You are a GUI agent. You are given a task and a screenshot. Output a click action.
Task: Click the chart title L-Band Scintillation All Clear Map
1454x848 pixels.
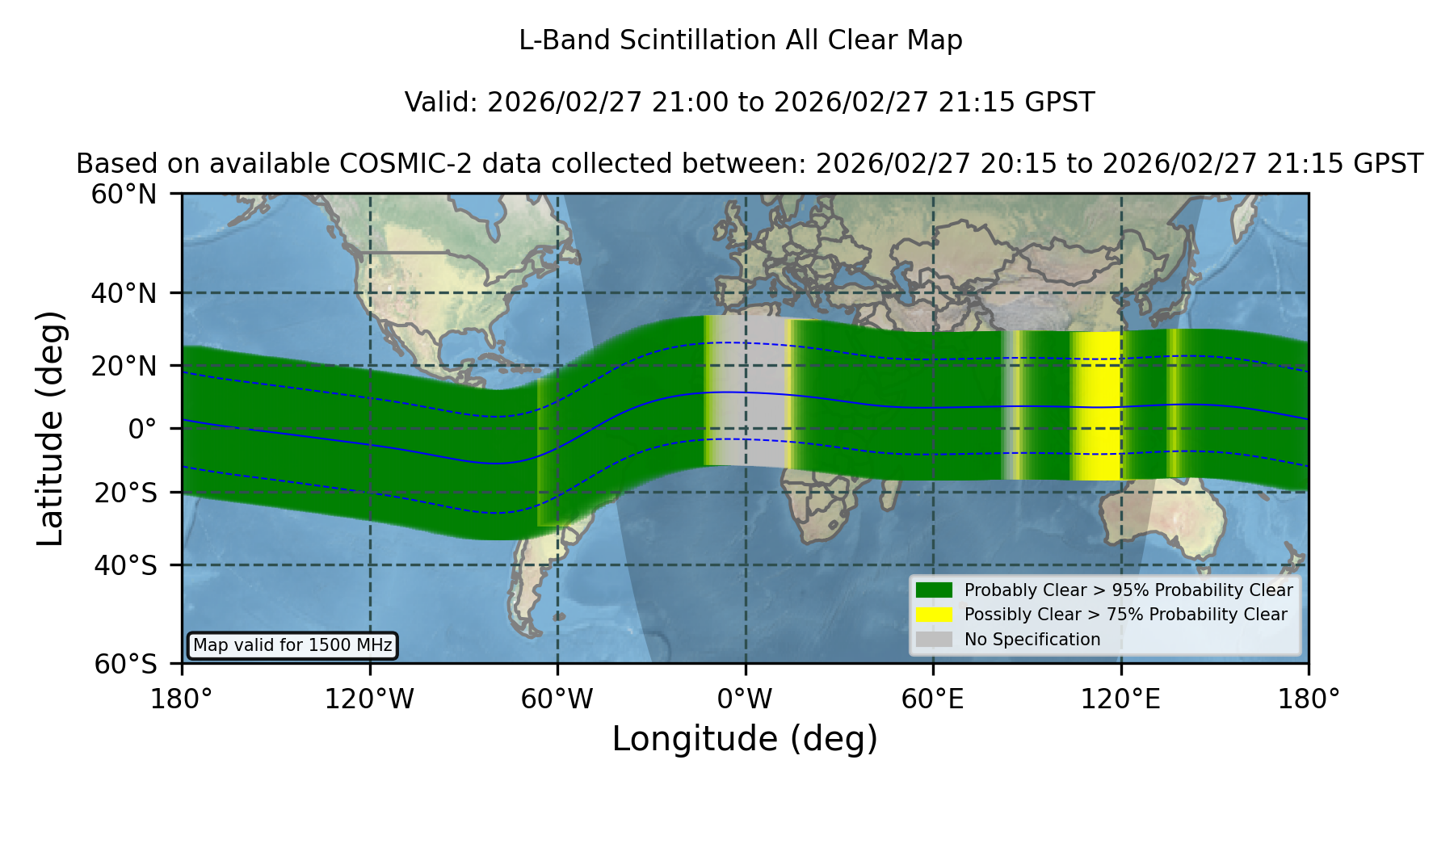click(741, 40)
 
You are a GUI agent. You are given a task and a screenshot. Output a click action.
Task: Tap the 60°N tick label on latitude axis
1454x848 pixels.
click(124, 194)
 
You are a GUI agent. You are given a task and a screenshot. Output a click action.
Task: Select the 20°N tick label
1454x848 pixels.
click(124, 366)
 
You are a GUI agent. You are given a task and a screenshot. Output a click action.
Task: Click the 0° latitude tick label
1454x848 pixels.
click(142, 429)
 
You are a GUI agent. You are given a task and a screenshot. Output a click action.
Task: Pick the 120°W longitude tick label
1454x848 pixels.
click(369, 699)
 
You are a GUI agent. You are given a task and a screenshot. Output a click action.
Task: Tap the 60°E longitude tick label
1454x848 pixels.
click(933, 699)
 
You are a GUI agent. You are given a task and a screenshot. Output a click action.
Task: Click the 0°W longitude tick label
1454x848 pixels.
click(745, 699)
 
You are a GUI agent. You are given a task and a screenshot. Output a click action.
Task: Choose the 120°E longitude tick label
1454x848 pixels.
click(1120, 699)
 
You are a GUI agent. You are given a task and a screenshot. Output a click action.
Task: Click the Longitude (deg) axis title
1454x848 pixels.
click(745, 739)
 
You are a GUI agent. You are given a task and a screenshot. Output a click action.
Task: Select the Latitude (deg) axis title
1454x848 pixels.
click(50, 428)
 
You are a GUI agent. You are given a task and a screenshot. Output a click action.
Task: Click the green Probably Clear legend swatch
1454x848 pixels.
click(934, 590)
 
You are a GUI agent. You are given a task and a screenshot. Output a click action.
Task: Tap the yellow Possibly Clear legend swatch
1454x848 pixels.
click(934, 615)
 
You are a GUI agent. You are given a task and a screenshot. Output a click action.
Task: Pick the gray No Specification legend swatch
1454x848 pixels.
click(934, 640)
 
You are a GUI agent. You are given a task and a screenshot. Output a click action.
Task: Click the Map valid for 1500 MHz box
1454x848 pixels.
click(292, 645)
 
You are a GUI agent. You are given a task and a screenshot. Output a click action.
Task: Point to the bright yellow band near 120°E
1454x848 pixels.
click(1097, 405)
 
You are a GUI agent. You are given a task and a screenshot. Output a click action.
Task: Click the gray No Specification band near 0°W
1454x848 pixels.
click(747, 392)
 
